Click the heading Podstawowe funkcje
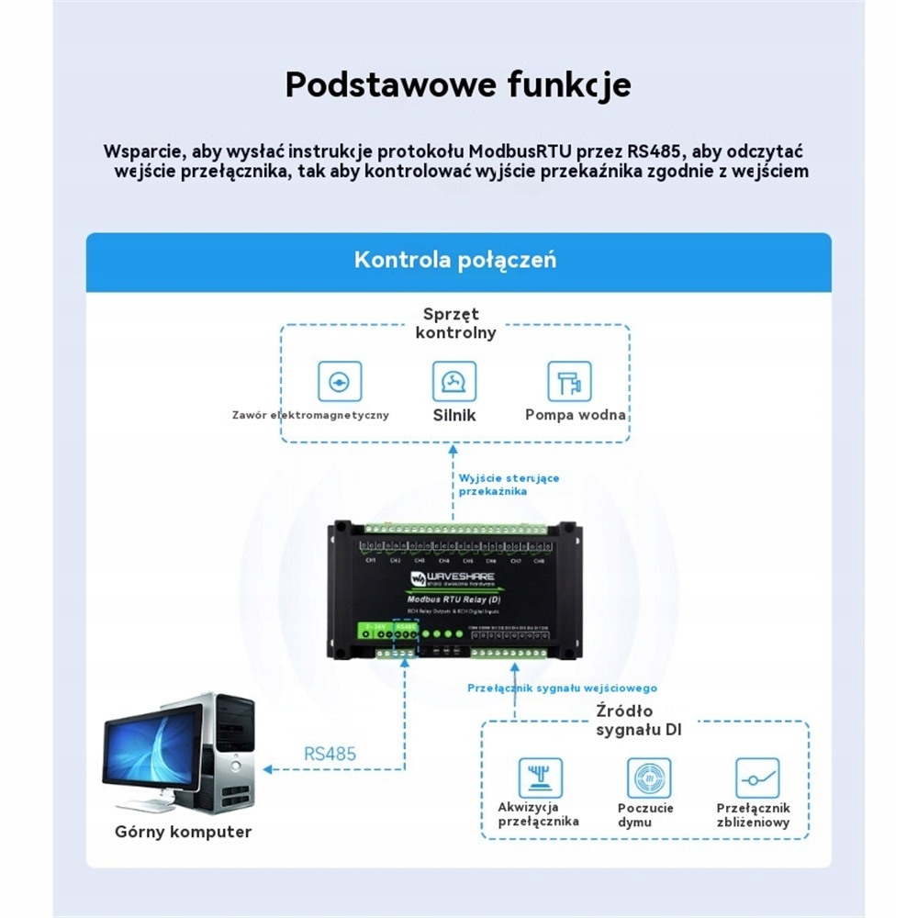click(458, 84)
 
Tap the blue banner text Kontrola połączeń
click(455, 260)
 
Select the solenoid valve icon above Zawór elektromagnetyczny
click(340, 381)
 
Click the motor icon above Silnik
click(454, 381)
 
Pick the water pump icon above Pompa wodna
click(569, 381)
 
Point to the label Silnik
click(454, 415)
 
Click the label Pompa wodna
click(576, 415)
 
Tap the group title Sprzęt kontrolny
click(455, 323)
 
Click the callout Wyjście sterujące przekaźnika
click(509, 485)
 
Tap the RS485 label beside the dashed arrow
click(330, 754)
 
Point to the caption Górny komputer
click(184, 832)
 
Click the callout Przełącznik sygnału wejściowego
click(562, 688)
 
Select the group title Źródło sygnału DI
click(624, 721)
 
